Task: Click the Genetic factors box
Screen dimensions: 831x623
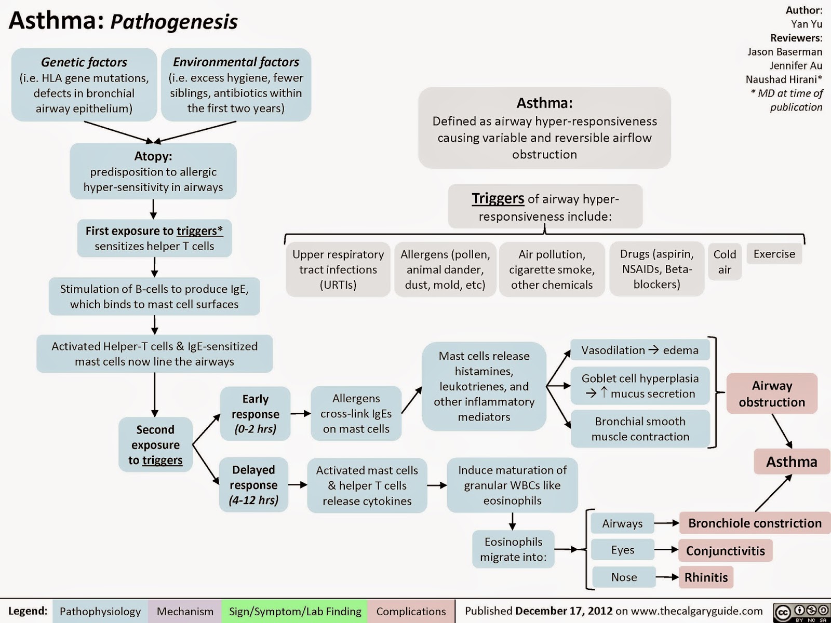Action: tap(84, 84)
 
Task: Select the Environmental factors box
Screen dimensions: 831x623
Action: tap(236, 84)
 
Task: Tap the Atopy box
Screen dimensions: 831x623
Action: tap(153, 171)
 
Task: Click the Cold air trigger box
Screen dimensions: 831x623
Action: tap(725, 261)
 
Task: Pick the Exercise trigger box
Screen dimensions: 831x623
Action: tap(774, 254)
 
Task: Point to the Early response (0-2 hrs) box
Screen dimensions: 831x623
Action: tap(255, 413)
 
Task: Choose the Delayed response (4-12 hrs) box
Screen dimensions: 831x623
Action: tap(253, 484)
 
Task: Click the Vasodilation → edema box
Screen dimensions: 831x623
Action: tap(640, 350)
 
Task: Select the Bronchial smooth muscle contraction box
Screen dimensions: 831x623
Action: tap(640, 429)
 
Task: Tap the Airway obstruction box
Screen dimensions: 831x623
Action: tap(772, 394)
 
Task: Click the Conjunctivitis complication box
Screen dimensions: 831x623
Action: tap(726, 550)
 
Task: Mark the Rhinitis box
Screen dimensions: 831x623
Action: tap(706, 577)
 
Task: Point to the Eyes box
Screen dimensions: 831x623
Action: tap(623, 550)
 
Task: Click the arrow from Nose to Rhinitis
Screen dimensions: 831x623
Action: tap(667, 577)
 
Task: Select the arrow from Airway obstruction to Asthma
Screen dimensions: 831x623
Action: tap(782, 431)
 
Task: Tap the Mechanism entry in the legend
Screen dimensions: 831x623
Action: tap(185, 611)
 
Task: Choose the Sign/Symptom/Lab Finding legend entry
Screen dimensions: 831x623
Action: tap(295, 611)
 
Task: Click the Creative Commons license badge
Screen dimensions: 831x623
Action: tap(801, 612)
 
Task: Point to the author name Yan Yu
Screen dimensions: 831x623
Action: tap(807, 24)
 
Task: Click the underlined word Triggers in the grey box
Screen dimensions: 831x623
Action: tap(498, 198)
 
